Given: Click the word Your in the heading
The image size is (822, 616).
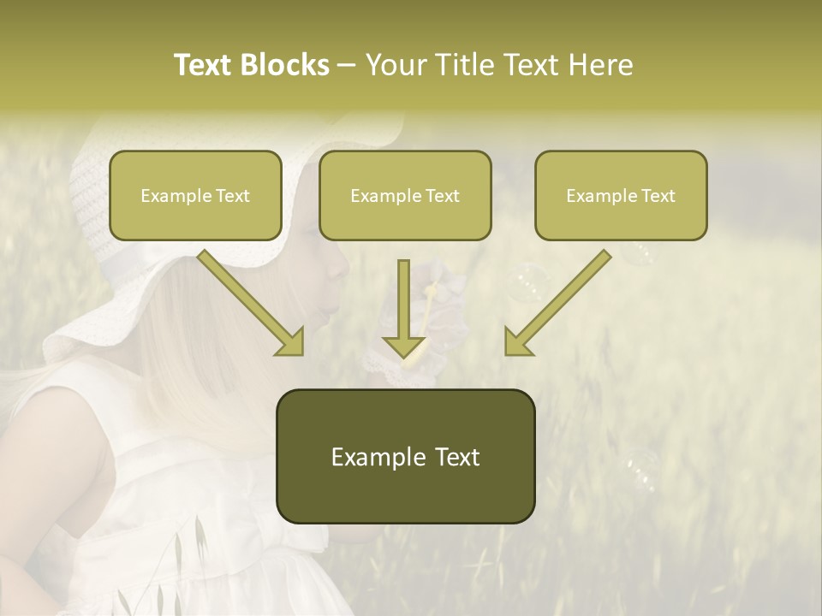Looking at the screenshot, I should (x=396, y=65).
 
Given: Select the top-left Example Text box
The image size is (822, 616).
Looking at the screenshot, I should (x=195, y=195).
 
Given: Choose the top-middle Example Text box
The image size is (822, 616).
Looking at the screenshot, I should (x=405, y=195).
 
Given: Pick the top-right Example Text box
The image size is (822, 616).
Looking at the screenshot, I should (x=621, y=195).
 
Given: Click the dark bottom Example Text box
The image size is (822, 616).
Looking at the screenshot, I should (x=405, y=456).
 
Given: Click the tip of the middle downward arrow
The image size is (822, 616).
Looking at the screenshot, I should (x=403, y=354).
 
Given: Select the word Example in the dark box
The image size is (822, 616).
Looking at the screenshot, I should (x=368, y=457).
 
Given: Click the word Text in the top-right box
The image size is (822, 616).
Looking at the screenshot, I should (x=658, y=196).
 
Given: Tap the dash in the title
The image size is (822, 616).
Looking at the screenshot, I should (x=347, y=66).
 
